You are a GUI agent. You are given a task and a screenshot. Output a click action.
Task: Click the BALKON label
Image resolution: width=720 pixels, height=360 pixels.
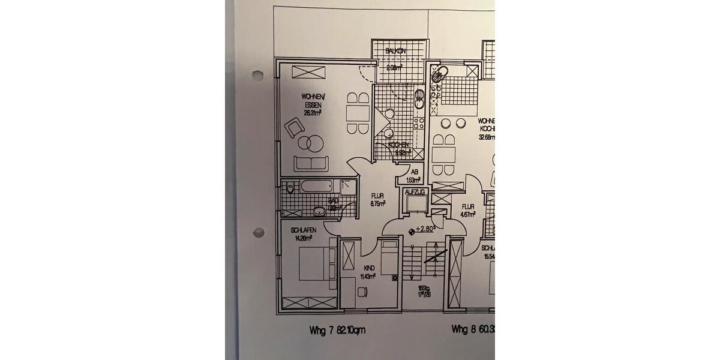[x=396, y=52]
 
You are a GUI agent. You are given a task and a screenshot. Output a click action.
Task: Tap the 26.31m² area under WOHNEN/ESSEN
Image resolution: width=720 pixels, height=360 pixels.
[x=312, y=112]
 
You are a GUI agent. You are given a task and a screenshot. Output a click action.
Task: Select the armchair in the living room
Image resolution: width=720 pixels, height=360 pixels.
[x=295, y=128]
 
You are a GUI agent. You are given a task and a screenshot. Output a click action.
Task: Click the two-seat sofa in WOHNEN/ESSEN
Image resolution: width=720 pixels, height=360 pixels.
[x=311, y=163]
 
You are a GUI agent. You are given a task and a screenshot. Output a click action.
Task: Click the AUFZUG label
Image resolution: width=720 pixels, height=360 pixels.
[x=415, y=192]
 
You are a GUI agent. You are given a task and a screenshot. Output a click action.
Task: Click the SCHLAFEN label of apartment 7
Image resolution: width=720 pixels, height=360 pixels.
[x=303, y=231]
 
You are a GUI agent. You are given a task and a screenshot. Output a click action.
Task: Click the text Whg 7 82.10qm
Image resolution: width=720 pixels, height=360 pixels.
[x=337, y=329]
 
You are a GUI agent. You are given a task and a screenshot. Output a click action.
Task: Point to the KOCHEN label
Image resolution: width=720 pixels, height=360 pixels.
[x=398, y=145]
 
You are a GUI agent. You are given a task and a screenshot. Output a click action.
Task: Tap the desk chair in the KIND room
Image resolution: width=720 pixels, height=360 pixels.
[x=362, y=290]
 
